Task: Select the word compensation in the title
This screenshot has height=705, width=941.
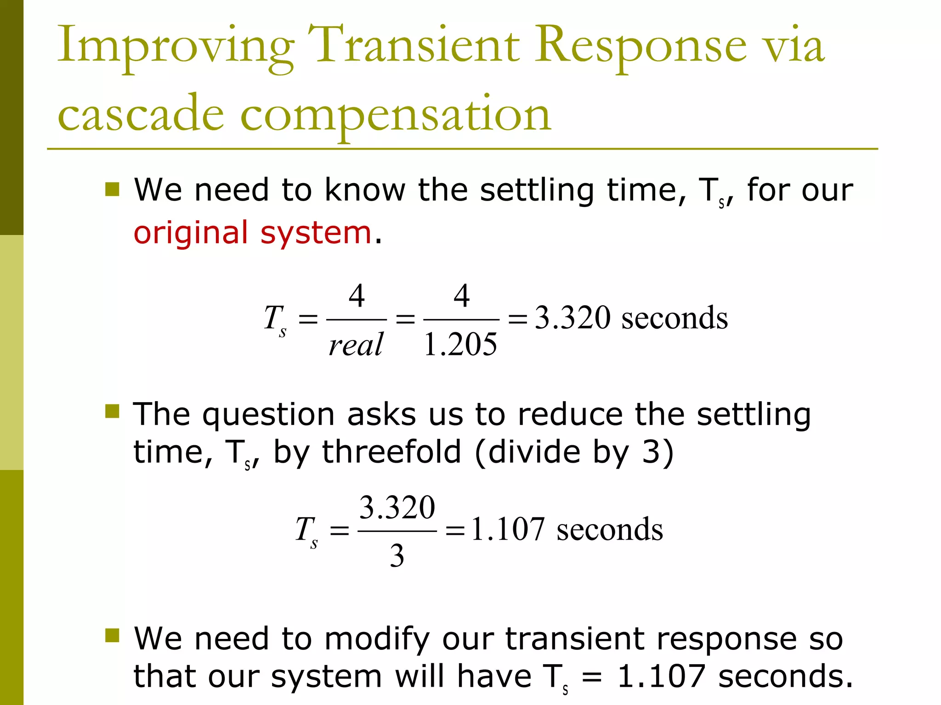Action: pyautogui.click(x=395, y=115)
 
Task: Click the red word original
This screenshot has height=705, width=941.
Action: pyautogui.click(x=190, y=233)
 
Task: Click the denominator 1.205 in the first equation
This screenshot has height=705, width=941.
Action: pyautogui.click(x=460, y=344)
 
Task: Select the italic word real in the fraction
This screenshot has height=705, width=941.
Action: pyautogui.click(x=356, y=344)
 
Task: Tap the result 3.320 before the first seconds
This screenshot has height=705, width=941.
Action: pyautogui.click(x=573, y=318)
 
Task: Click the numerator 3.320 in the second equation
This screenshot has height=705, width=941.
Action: pyautogui.click(x=397, y=508)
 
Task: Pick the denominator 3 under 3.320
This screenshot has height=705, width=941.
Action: pyautogui.click(x=397, y=555)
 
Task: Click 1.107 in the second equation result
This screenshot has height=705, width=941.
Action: pyautogui.click(x=508, y=529)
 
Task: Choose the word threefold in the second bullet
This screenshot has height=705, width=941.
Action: pyautogui.click(x=391, y=452)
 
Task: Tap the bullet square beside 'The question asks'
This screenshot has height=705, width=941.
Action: pyautogui.click(x=112, y=411)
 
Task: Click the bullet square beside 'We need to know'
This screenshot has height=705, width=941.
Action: pyautogui.click(x=112, y=189)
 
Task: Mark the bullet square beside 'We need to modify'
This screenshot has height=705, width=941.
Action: pyautogui.click(x=112, y=636)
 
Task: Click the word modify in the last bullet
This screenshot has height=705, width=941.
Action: pyautogui.click(x=377, y=639)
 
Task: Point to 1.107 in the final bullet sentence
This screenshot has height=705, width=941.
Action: pyautogui.click(x=661, y=676)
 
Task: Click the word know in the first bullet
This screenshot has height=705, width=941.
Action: pyautogui.click(x=365, y=190)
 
